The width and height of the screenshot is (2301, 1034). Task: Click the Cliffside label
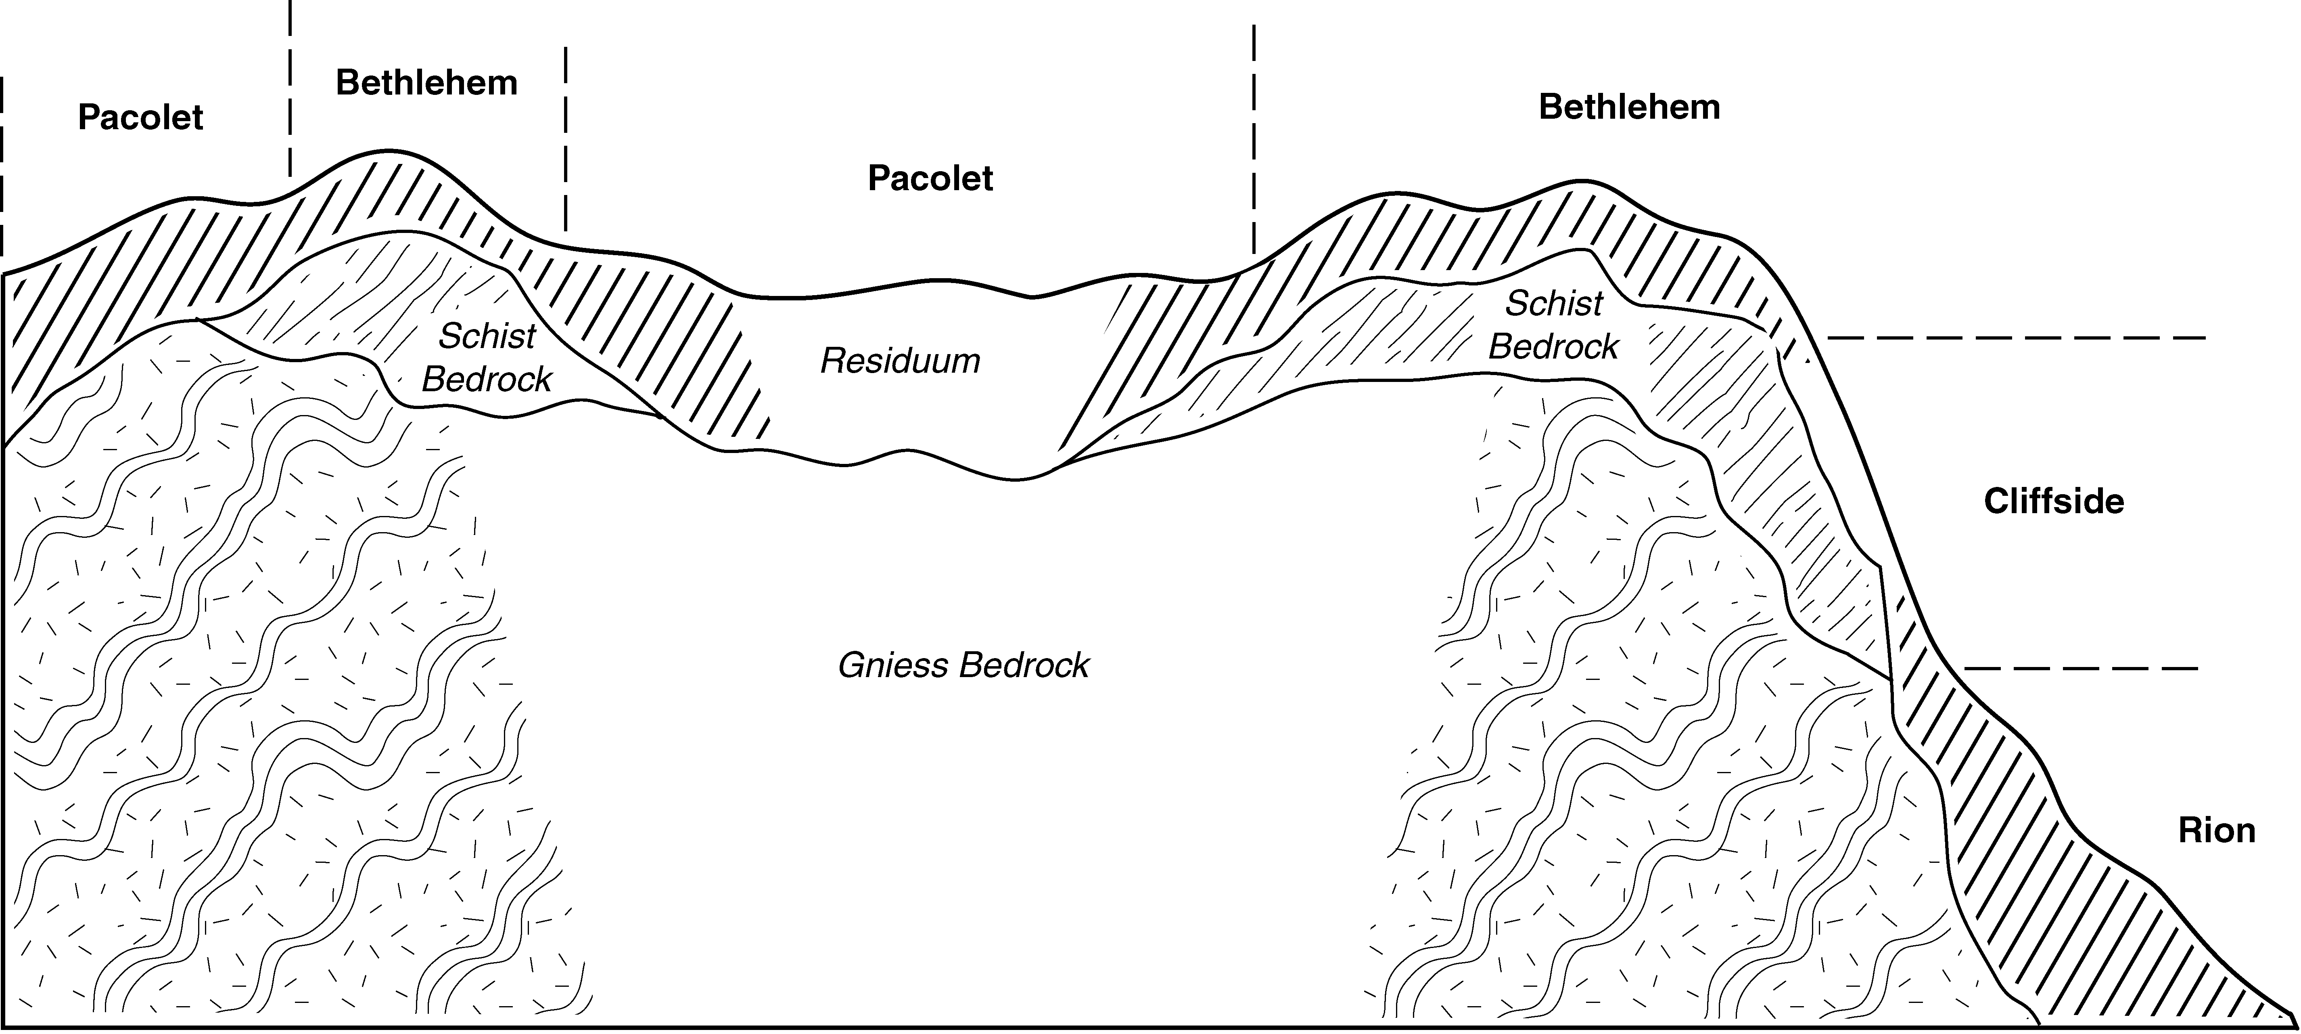pos(2054,501)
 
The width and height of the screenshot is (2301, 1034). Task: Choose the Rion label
pos(2217,831)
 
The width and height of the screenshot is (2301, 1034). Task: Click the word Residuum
pos(901,361)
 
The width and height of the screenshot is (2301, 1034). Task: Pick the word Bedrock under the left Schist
pos(487,380)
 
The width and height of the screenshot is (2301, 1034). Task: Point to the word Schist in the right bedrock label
pos(1554,304)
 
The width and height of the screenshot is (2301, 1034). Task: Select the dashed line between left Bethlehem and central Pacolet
pos(565,138)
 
